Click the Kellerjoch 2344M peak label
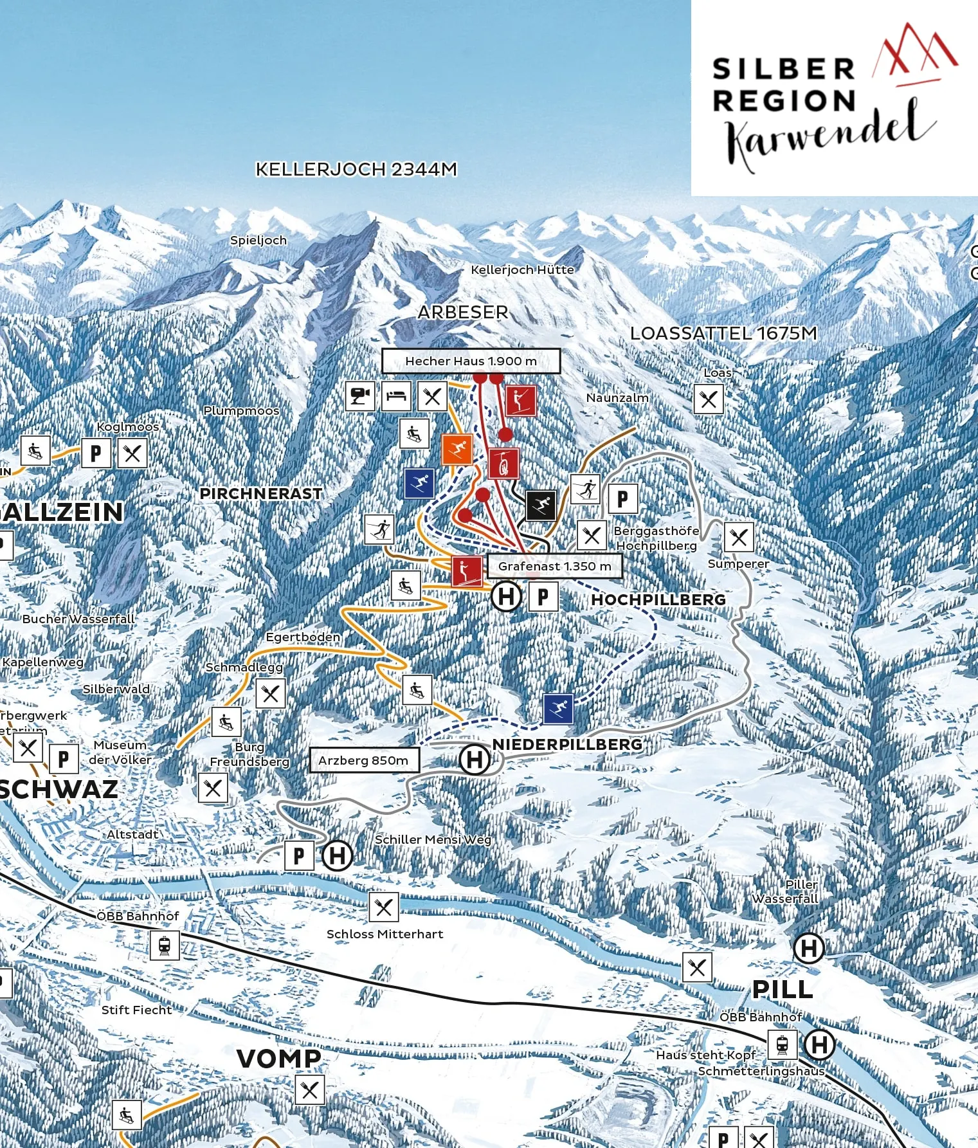(356, 169)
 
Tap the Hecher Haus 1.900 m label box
(471, 361)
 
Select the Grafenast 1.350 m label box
(554, 566)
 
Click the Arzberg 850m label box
(363, 760)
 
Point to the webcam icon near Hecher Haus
(359, 396)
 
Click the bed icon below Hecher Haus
(396, 396)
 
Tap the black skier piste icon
(541, 505)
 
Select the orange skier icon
(457, 449)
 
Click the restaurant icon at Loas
(709, 399)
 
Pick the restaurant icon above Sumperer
(739, 536)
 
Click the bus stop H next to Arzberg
(475, 759)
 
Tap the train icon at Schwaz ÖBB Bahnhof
(165, 945)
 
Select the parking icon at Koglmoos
(96, 453)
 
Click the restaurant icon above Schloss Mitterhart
(384, 907)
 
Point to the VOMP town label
(278, 1058)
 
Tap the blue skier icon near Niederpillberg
(558, 709)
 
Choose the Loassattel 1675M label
(723, 333)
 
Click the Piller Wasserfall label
(786, 891)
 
